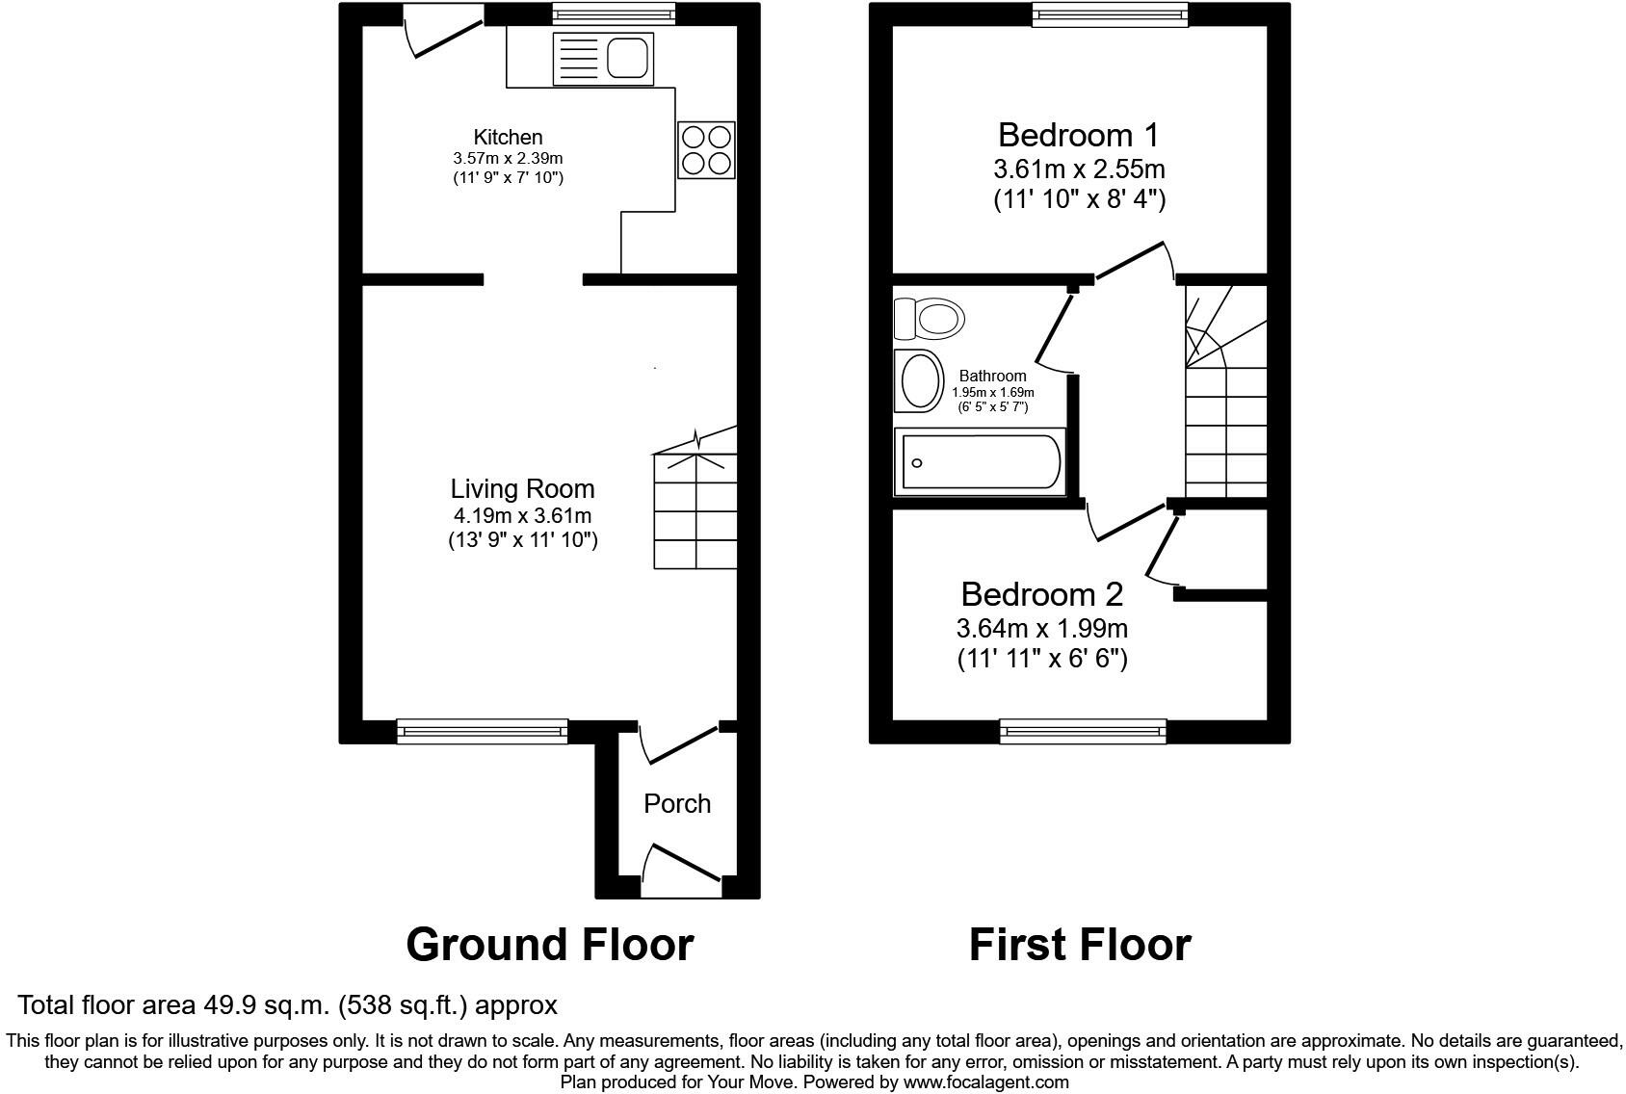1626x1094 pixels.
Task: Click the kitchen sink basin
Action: pos(627,58)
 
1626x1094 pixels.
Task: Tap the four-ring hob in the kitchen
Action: pos(706,149)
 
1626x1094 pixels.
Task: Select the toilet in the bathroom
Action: pos(930,318)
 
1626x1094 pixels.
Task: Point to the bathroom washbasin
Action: pos(919,381)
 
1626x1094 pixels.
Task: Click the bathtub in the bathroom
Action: pos(980,461)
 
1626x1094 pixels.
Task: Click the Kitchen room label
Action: pos(509,137)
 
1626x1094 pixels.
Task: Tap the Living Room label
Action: pos(523,488)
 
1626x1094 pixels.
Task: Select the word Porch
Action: pos(677,803)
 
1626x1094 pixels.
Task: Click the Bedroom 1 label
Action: pos(1079,135)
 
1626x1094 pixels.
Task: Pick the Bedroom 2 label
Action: pos(1042,594)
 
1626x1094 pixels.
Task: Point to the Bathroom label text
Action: pos(992,376)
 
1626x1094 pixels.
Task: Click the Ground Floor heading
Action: pos(549,945)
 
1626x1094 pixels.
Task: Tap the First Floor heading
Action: pos(1080,945)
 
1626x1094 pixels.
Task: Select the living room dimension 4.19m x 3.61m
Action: pos(523,516)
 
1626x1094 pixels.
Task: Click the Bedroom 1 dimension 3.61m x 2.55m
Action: pos(1080,169)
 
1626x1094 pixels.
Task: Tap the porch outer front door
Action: pos(682,871)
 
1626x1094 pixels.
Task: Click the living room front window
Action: pos(482,732)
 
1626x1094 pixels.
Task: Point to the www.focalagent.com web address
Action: pos(985,1082)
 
